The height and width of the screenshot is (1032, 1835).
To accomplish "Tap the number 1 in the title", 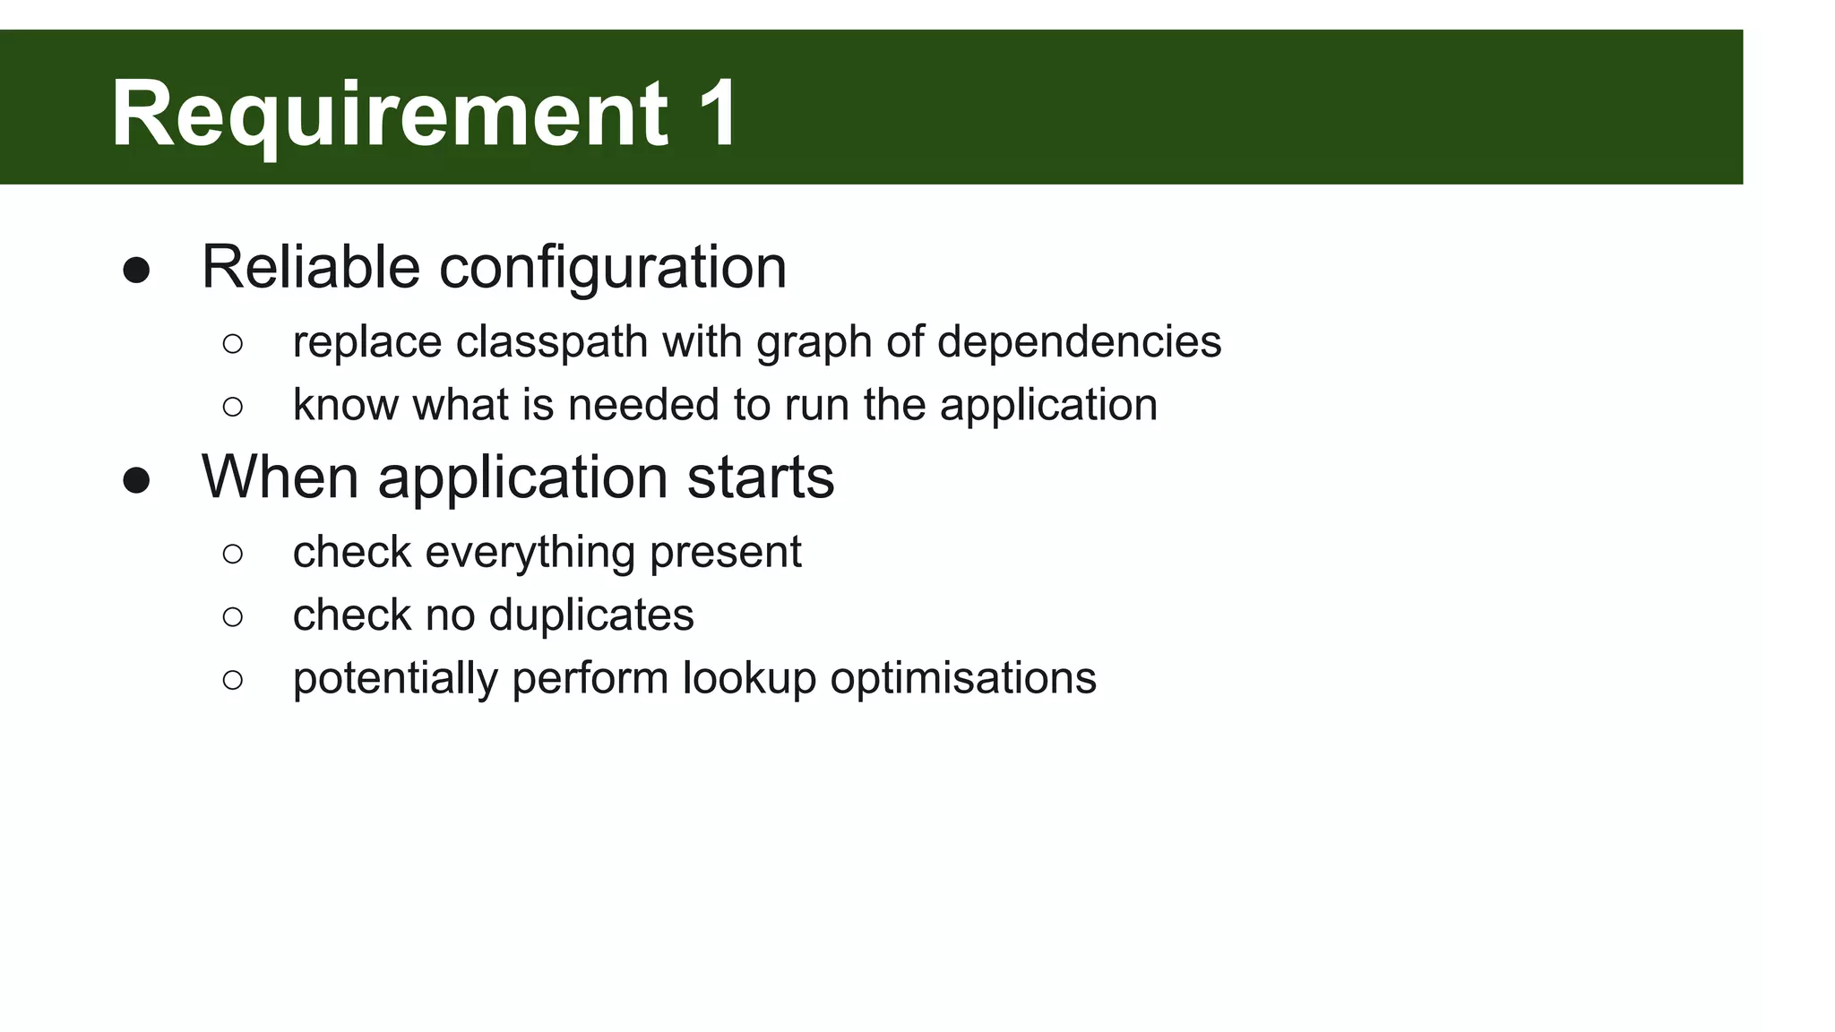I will (x=717, y=114).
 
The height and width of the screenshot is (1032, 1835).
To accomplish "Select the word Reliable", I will (x=310, y=267).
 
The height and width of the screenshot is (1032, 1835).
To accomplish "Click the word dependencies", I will (x=1079, y=342).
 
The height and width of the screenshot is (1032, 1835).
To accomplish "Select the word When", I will (x=280, y=477).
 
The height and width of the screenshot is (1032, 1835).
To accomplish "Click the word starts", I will (x=761, y=477).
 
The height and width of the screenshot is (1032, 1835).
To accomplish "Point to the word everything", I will (x=530, y=552).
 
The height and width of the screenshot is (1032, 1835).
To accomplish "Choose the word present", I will (x=725, y=552).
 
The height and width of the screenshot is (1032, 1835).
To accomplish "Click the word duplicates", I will (x=591, y=615).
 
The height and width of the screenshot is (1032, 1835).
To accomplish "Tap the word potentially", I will (x=394, y=678).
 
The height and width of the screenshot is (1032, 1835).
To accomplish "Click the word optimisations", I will (x=963, y=678).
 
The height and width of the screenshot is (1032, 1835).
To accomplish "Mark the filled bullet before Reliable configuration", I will (x=136, y=271).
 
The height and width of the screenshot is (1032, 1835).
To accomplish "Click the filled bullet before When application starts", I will (x=136, y=480).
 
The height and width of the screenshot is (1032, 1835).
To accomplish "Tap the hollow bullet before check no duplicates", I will (x=232, y=616).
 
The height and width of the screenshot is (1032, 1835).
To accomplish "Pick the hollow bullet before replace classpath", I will (x=232, y=343).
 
